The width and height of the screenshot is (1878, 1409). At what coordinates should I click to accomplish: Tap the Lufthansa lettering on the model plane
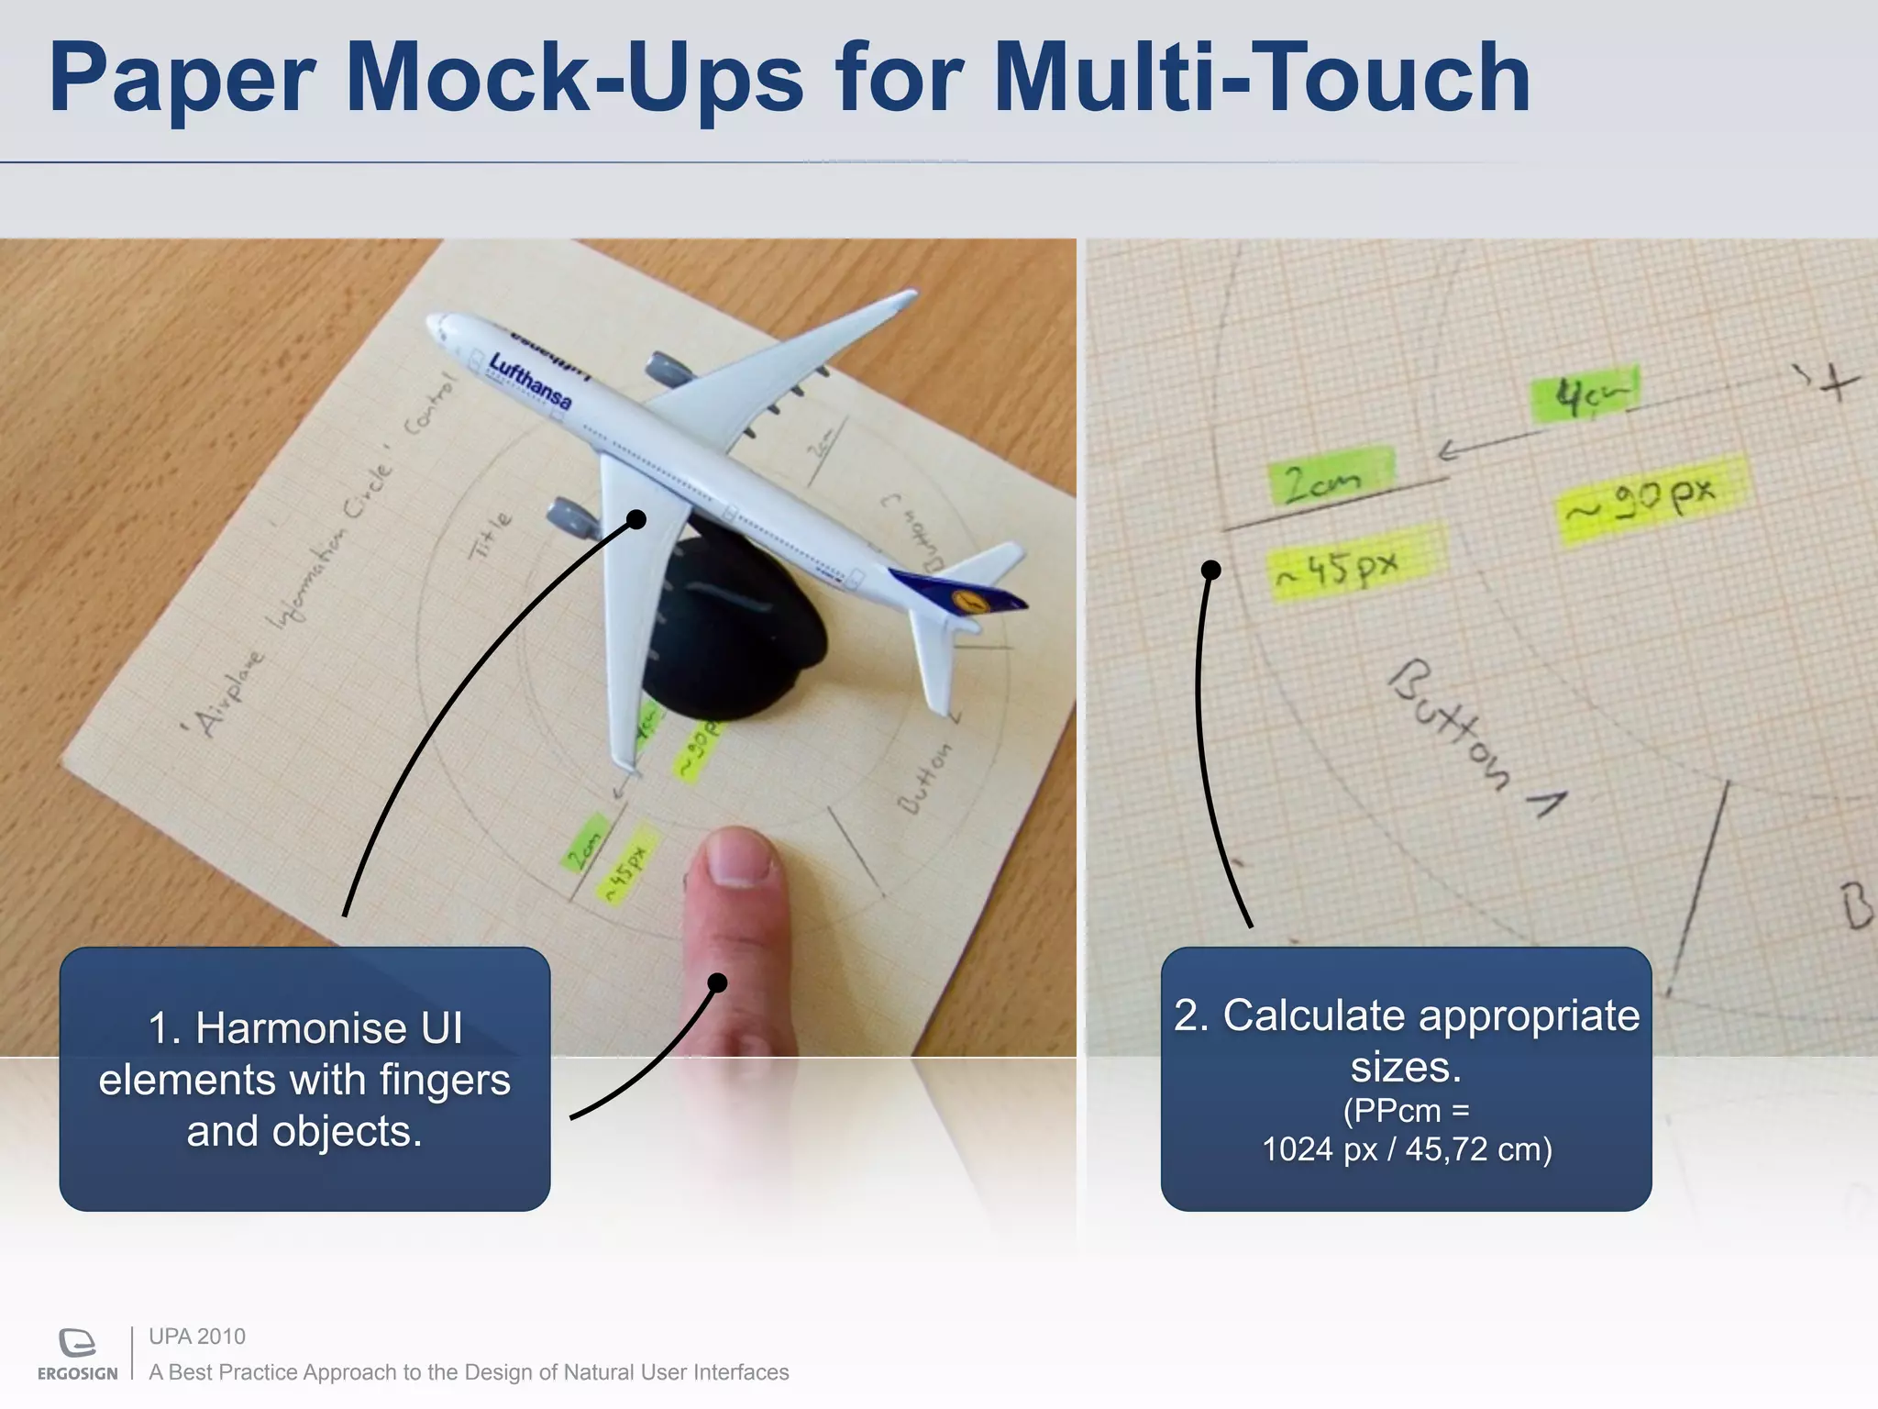point(530,380)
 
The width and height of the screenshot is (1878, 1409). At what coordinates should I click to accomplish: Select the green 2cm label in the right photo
point(1329,477)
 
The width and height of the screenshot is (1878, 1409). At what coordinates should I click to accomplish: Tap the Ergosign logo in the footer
point(78,1352)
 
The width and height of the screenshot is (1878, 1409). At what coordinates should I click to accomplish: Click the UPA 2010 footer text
point(197,1337)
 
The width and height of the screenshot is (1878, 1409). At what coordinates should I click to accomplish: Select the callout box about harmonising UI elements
point(304,1079)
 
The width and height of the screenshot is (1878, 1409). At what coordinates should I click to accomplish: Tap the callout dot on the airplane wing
point(636,520)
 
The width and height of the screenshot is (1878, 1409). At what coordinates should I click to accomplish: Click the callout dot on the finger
point(718,983)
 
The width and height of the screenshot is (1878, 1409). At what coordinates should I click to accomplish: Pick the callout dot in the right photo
point(1210,571)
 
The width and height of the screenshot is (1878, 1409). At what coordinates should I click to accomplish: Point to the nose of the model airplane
point(436,324)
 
